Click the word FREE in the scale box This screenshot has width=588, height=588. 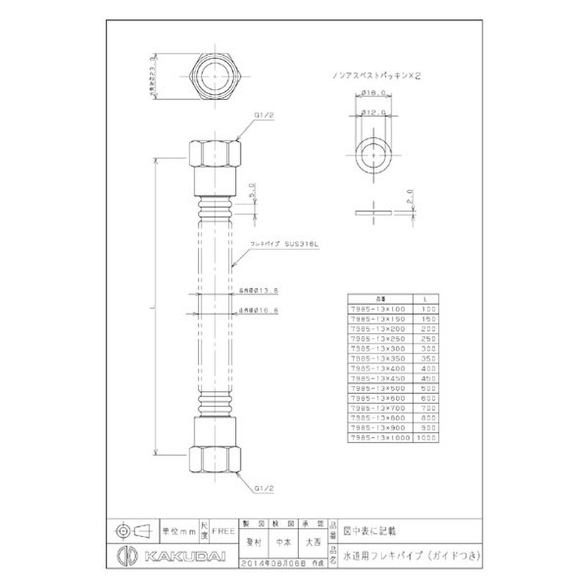coord(223,528)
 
